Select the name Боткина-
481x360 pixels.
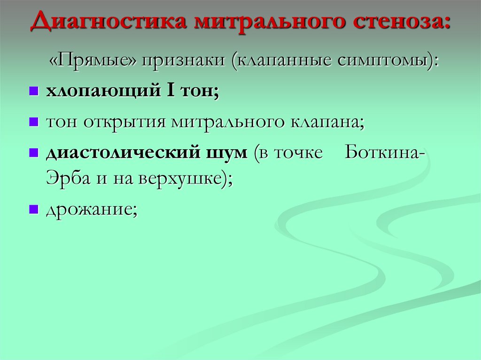pos(386,153)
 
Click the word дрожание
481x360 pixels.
pos(91,210)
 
